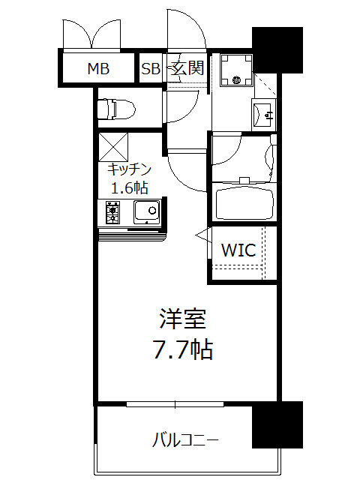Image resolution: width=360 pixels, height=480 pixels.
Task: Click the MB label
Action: point(98,70)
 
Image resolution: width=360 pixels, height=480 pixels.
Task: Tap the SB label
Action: point(151,70)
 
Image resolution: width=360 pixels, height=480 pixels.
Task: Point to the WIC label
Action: point(238,250)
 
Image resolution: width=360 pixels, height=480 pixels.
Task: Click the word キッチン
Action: point(130,169)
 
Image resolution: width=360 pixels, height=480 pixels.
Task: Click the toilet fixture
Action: point(116,109)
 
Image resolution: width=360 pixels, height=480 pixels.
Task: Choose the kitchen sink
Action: point(145,212)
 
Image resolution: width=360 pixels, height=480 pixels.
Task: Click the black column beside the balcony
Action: point(276,424)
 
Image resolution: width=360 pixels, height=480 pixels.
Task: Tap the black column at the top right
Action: point(277,50)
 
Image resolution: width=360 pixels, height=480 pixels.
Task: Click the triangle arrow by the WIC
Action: point(201,235)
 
